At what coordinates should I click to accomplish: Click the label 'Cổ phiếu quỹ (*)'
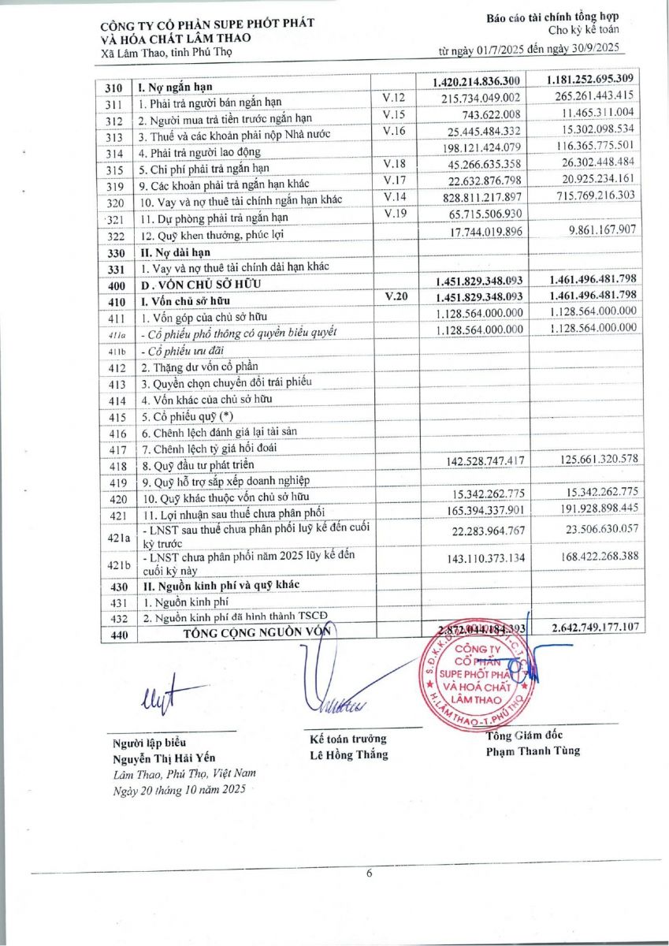pyautogui.click(x=186, y=416)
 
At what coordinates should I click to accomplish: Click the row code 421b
pyautogui.click(x=115, y=564)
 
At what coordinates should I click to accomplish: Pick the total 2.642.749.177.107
pyautogui.click(x=588, y=628)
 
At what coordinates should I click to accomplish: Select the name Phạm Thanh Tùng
pyautogui.click(x=533, y=750)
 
